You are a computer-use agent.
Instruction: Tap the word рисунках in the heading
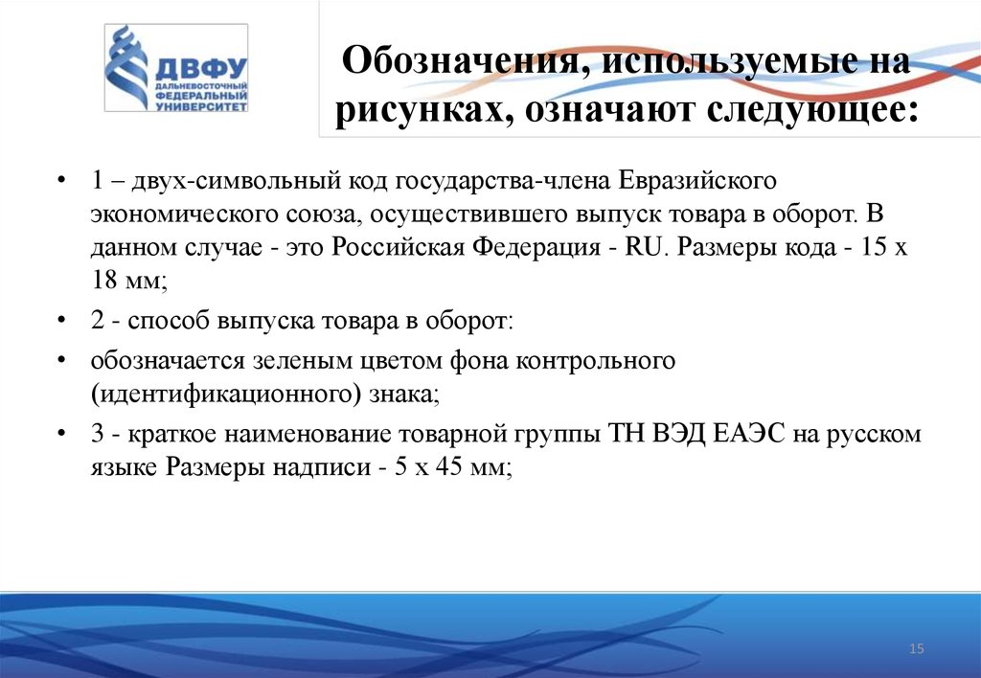[x=409, y=112]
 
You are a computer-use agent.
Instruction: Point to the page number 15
[x=916, y=650]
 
